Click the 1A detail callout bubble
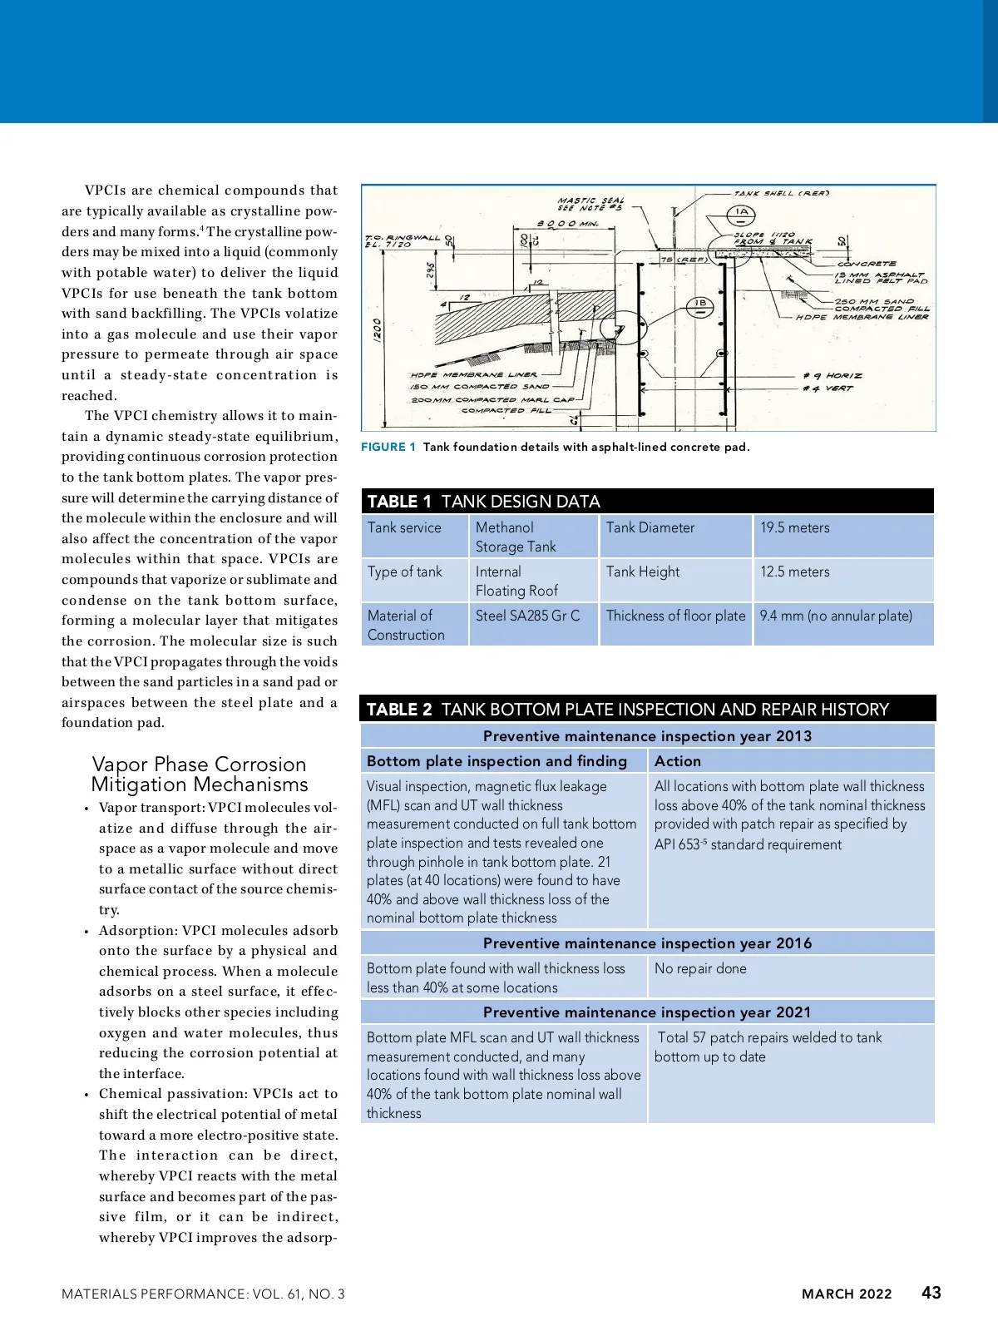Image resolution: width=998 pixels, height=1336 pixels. [742, 212]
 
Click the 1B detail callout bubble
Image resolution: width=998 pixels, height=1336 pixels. [700, 304]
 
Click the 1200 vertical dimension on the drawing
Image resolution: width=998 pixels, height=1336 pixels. [378, 330]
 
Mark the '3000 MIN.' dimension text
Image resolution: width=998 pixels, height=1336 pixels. [567, 224]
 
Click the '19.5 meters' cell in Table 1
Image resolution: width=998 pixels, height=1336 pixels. [794, 527]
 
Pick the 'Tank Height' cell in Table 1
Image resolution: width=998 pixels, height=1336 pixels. [642, 572]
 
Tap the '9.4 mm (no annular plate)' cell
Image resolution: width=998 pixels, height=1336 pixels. [836, 616]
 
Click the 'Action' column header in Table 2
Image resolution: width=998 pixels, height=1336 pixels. [677, 761]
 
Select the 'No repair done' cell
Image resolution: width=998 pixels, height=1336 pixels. [700, 968]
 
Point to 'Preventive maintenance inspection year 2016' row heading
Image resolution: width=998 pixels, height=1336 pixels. [647, 943]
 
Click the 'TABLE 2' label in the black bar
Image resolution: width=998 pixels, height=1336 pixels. [399, 710]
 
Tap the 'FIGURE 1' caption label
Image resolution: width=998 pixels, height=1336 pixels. [388, 447]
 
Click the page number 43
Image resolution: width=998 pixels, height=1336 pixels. [931, 1293]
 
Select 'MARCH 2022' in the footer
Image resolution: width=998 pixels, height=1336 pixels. [846, 1294]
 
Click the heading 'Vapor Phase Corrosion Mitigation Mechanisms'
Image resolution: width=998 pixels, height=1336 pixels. [199, 774]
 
